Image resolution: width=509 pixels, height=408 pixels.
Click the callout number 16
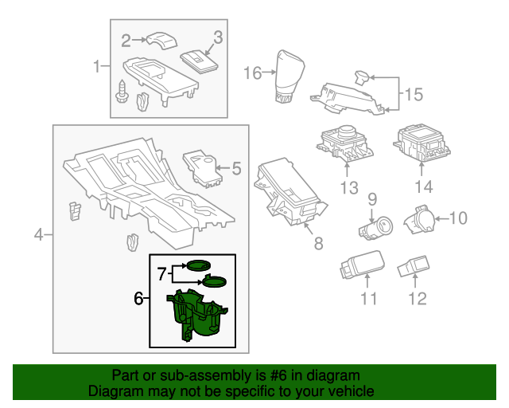(252, 73)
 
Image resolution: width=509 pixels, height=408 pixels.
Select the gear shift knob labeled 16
(287, 76)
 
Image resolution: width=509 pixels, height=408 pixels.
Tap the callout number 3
(218, 37)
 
